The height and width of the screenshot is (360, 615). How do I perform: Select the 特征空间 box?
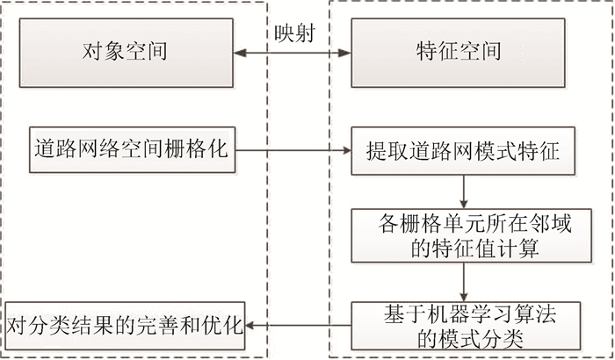tap(461, 53)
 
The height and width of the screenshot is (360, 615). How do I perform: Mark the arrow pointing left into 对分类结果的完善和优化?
tap(299, 325)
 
